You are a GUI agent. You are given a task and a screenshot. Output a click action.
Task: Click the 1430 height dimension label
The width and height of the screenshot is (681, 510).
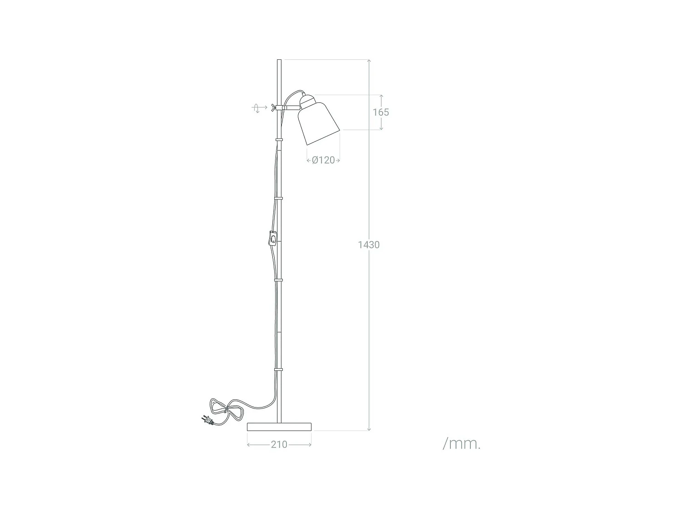click(x=368, y=245)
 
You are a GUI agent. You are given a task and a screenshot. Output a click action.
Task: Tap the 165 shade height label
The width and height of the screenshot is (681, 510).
click(x=381, y=112)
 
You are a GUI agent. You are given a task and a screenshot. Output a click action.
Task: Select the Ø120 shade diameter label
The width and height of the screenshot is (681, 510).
click(x=323, y=160)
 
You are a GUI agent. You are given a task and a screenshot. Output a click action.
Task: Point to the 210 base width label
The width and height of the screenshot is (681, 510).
click(x=279, y=445)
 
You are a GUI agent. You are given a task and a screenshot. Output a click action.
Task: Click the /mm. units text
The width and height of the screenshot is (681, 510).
click(x=461, y=443)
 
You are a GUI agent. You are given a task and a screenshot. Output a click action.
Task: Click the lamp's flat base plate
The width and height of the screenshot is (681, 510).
click(x=279, y=427)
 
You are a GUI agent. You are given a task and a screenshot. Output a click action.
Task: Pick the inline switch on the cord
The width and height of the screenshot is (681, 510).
click(x=272, y=238)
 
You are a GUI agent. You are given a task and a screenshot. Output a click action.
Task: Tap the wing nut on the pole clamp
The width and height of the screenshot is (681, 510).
click(x=272, y=107)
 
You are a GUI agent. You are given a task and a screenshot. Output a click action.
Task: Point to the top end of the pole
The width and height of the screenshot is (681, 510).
click(x=279, y=61)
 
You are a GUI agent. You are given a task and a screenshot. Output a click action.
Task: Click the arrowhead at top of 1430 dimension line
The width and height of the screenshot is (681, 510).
click(x=369, y=61)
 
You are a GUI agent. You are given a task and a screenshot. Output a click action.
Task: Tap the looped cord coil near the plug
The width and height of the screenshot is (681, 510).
click(x=227, y=409)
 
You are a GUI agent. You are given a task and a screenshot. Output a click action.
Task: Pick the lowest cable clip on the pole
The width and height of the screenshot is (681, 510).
click(x=279, y=369)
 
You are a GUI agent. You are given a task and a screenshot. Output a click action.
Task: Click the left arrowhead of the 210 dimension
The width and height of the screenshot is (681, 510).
click(x=249, y=445)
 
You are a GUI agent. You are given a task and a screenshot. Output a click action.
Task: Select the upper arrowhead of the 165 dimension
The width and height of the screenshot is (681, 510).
click(x=381, y=97)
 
